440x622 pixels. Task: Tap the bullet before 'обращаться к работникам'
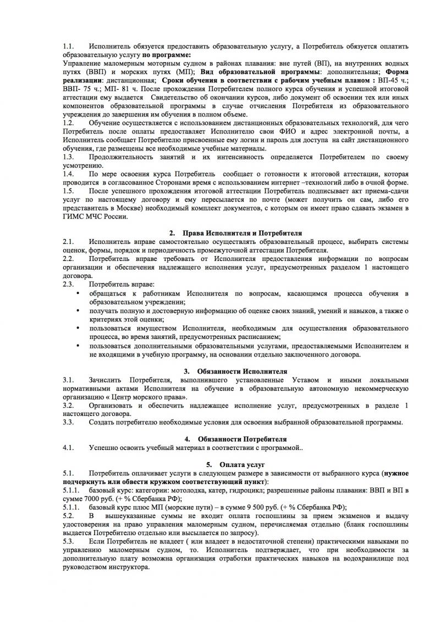coord(78,294)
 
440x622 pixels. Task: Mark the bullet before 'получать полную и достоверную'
coord(78,311)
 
